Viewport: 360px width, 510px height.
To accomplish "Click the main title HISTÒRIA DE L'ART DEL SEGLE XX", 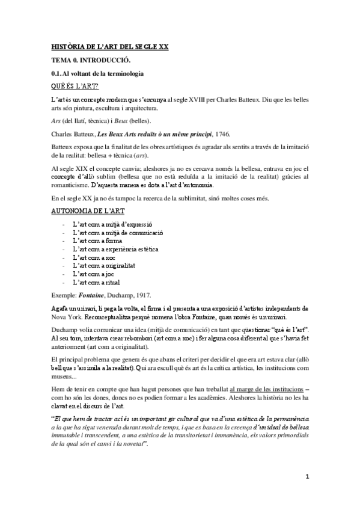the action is tap(109, 46).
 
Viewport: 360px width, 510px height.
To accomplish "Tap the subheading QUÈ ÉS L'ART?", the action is tap(75, 86).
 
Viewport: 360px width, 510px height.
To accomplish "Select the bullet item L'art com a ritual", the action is tap(96, 281).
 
